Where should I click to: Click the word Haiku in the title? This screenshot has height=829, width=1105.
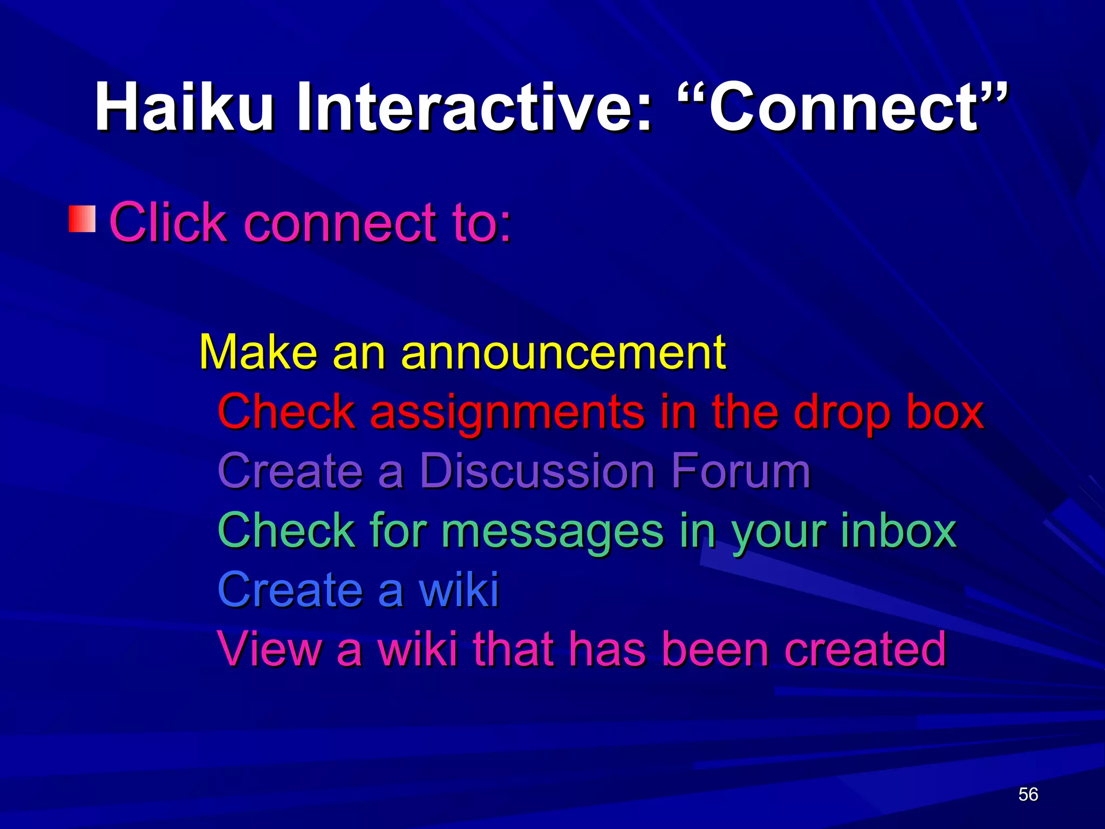click(183, 107)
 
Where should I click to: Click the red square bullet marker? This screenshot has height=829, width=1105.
click(82, 219)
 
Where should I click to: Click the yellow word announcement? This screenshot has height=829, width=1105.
click(563, 352)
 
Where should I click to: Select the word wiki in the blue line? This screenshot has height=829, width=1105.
click(459, 589)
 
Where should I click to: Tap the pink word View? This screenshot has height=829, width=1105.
click(269, 649)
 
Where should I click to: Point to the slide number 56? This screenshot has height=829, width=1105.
click(1028, 794)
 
